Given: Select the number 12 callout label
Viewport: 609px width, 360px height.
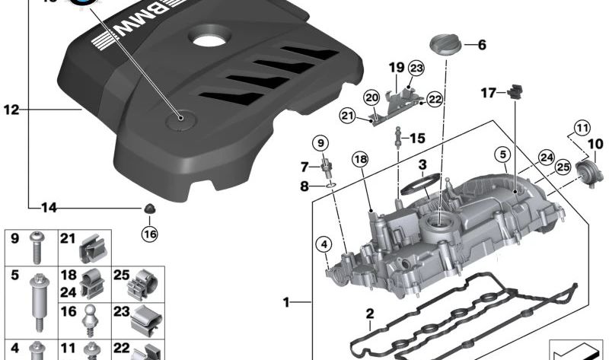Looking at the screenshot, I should point(10,110).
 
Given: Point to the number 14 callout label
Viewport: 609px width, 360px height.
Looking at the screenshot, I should point(49,207).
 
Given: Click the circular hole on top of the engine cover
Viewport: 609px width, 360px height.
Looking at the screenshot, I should point(207,37).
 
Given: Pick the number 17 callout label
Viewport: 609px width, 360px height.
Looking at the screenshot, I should point(488,93).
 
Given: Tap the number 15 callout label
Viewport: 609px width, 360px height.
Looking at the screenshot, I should point(417,138).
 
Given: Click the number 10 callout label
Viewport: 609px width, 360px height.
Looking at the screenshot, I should point(595,143).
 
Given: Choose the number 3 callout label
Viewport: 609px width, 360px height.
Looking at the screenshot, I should point(421,164).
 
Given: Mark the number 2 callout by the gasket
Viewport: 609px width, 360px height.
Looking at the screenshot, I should point(369,314).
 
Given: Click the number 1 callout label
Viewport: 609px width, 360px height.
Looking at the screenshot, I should point(287,303).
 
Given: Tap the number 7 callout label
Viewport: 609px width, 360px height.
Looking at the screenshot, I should point(304,167).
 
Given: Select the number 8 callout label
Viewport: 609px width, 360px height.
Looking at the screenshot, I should point(304,185).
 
